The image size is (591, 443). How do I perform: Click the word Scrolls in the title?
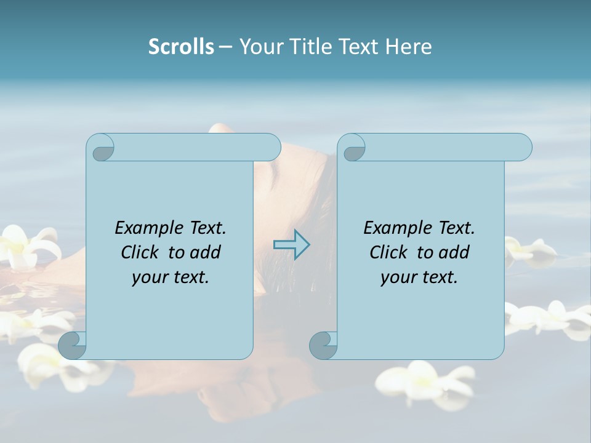point(181,47)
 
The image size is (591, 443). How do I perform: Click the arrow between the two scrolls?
point(291,244)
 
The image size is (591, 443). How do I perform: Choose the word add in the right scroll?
point(454,252)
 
